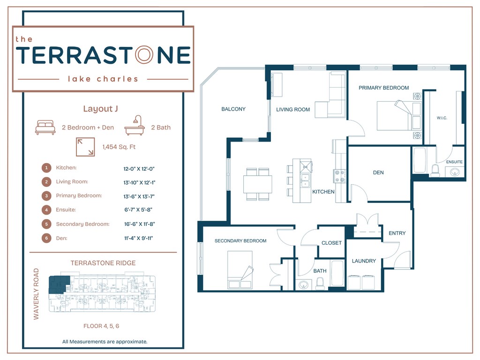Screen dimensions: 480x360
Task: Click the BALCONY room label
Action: coord(233,109)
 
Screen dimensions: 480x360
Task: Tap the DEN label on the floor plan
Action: coord(378,172)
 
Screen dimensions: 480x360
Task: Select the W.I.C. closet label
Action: coord(442,118)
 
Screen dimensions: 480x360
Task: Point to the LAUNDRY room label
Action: coord(364,261)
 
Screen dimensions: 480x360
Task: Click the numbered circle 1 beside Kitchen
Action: coord(46,168)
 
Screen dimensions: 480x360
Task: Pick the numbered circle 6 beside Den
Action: coord(46,238)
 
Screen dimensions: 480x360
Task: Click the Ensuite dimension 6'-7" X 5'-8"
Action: coord(138,210)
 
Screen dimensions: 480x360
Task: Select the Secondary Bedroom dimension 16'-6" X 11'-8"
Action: coord(140,224)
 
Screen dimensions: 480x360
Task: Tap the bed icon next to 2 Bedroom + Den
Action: coord(45,127)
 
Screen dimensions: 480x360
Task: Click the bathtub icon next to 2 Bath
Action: coord(135,125)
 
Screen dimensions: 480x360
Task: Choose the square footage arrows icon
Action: coord(85,147)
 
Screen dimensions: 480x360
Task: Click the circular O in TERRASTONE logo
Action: coord(144,55)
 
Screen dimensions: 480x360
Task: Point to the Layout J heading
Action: coord(100,109)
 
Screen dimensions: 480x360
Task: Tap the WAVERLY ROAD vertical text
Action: coord(36,294)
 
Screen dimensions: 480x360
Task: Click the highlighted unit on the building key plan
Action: coord(59,284)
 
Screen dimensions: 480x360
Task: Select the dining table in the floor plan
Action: coord(258,184)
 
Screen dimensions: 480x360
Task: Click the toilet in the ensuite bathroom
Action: coord(435,171)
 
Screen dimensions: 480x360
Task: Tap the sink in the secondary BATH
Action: coord(304,285)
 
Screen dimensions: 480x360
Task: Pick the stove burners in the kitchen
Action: coord(339,176)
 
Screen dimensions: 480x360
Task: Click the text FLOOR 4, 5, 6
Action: coord(101,326)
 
